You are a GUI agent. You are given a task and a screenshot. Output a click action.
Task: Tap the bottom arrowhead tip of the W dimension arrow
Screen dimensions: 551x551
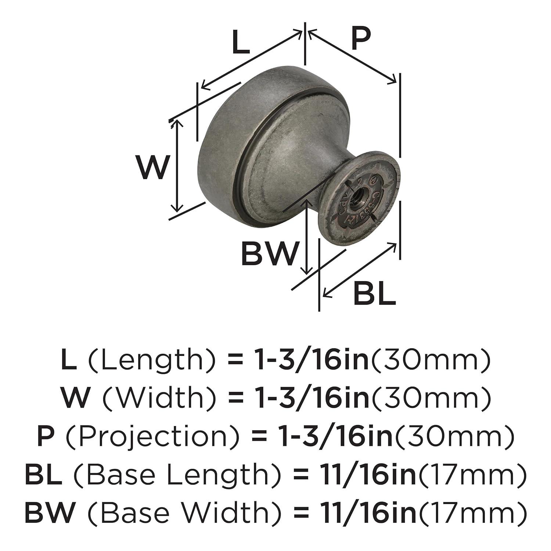click(x=178, y=212)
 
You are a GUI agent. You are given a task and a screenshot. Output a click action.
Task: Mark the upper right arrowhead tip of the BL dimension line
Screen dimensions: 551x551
click(x=397, y=244)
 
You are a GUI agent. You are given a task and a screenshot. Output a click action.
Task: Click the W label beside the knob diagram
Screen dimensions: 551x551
click(x=153, y=167)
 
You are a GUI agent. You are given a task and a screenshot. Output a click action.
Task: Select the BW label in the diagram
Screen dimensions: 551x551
click(x=269, y=253)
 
